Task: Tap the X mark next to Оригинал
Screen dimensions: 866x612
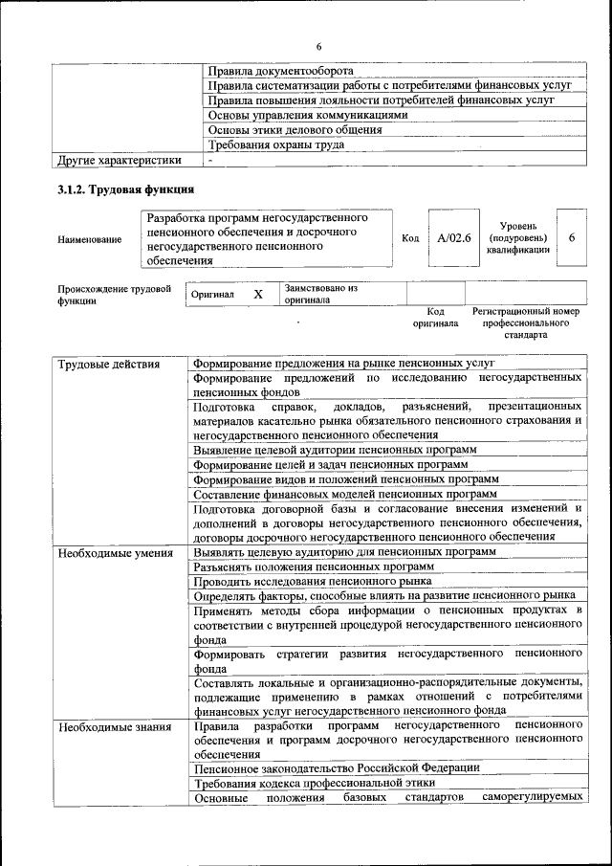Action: tap(257, 295)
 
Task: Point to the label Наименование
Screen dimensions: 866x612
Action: tap(90, 239)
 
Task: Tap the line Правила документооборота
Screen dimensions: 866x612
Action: tap(280, 71)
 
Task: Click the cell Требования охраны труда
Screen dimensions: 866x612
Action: tap(276, 144)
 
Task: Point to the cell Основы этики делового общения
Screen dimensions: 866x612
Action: tap(295, 130)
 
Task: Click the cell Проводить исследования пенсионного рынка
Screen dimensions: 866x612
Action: tap(313, 581)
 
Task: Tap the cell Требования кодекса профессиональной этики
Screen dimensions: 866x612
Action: tap(314, 783)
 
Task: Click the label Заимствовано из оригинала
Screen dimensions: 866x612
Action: tap(319, 294)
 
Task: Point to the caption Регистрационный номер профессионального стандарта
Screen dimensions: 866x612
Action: tap(525, 323)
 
